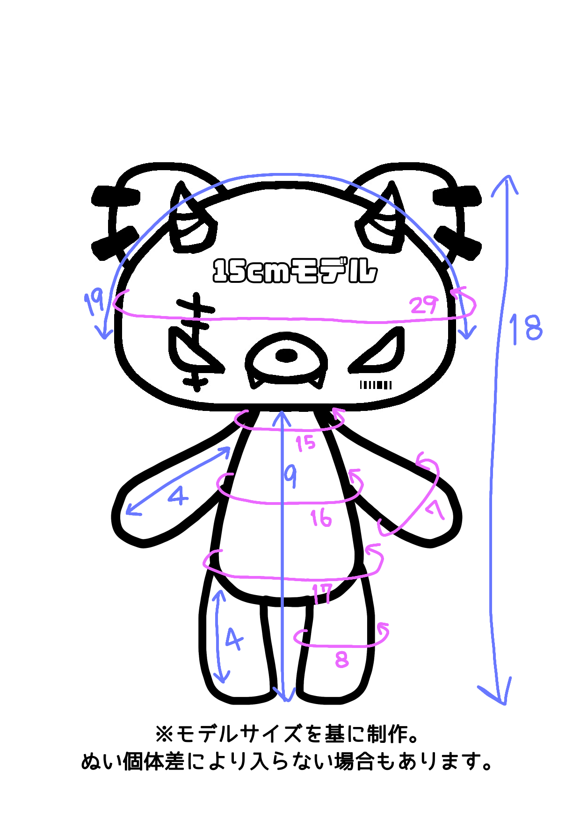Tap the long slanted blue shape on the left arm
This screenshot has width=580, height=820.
(178, 486)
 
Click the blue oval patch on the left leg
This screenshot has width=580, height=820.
(229, 640)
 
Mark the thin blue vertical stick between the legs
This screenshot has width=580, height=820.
(283, 655)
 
